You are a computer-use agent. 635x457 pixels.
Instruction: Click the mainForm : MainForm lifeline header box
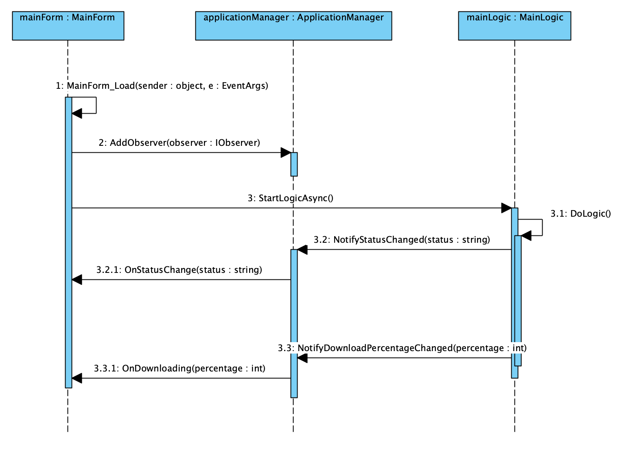click(68, 26)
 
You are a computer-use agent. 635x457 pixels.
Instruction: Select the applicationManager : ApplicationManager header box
click(293, 26)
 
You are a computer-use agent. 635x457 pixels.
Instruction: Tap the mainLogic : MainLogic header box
click(515, 26)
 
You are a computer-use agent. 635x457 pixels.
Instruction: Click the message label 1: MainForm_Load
click(162, 86)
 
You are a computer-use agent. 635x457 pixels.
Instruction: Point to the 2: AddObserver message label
click(179, 143)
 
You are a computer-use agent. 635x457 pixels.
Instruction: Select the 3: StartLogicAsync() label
click(291, 198)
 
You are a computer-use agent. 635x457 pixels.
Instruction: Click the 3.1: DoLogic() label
click(580, 214)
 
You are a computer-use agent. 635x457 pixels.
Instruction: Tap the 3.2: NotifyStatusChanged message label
click(402, 240)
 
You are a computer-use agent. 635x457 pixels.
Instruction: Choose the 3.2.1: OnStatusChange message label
click(179, 270)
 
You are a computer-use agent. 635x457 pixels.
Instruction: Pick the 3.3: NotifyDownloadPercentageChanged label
click(402, 348)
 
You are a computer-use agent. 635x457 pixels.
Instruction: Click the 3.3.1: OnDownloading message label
click(180, 369)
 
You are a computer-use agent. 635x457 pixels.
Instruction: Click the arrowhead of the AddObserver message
click(286, 153)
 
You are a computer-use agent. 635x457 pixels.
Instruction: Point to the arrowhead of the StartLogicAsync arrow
click(506, 208)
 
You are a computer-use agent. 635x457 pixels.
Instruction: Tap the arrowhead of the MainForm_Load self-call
click(77, 114)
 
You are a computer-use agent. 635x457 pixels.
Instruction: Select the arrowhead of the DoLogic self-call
click(526, 235)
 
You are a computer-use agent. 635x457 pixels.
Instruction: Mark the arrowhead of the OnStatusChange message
click(77, 280)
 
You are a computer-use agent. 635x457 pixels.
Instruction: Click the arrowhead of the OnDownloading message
click(77, 378)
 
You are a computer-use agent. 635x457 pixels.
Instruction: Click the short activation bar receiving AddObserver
click(294, 164)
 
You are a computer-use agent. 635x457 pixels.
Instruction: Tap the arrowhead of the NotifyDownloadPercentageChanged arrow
click(302, 358)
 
